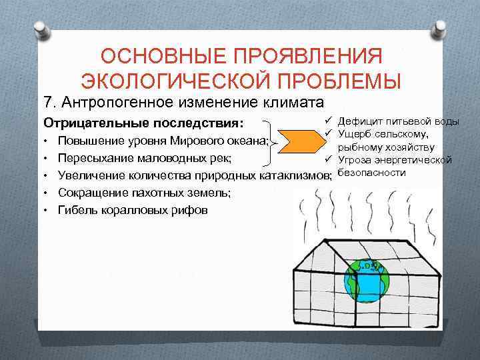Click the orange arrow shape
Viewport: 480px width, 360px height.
coord(300,141)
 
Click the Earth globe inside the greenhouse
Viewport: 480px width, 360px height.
coord(365,281)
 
